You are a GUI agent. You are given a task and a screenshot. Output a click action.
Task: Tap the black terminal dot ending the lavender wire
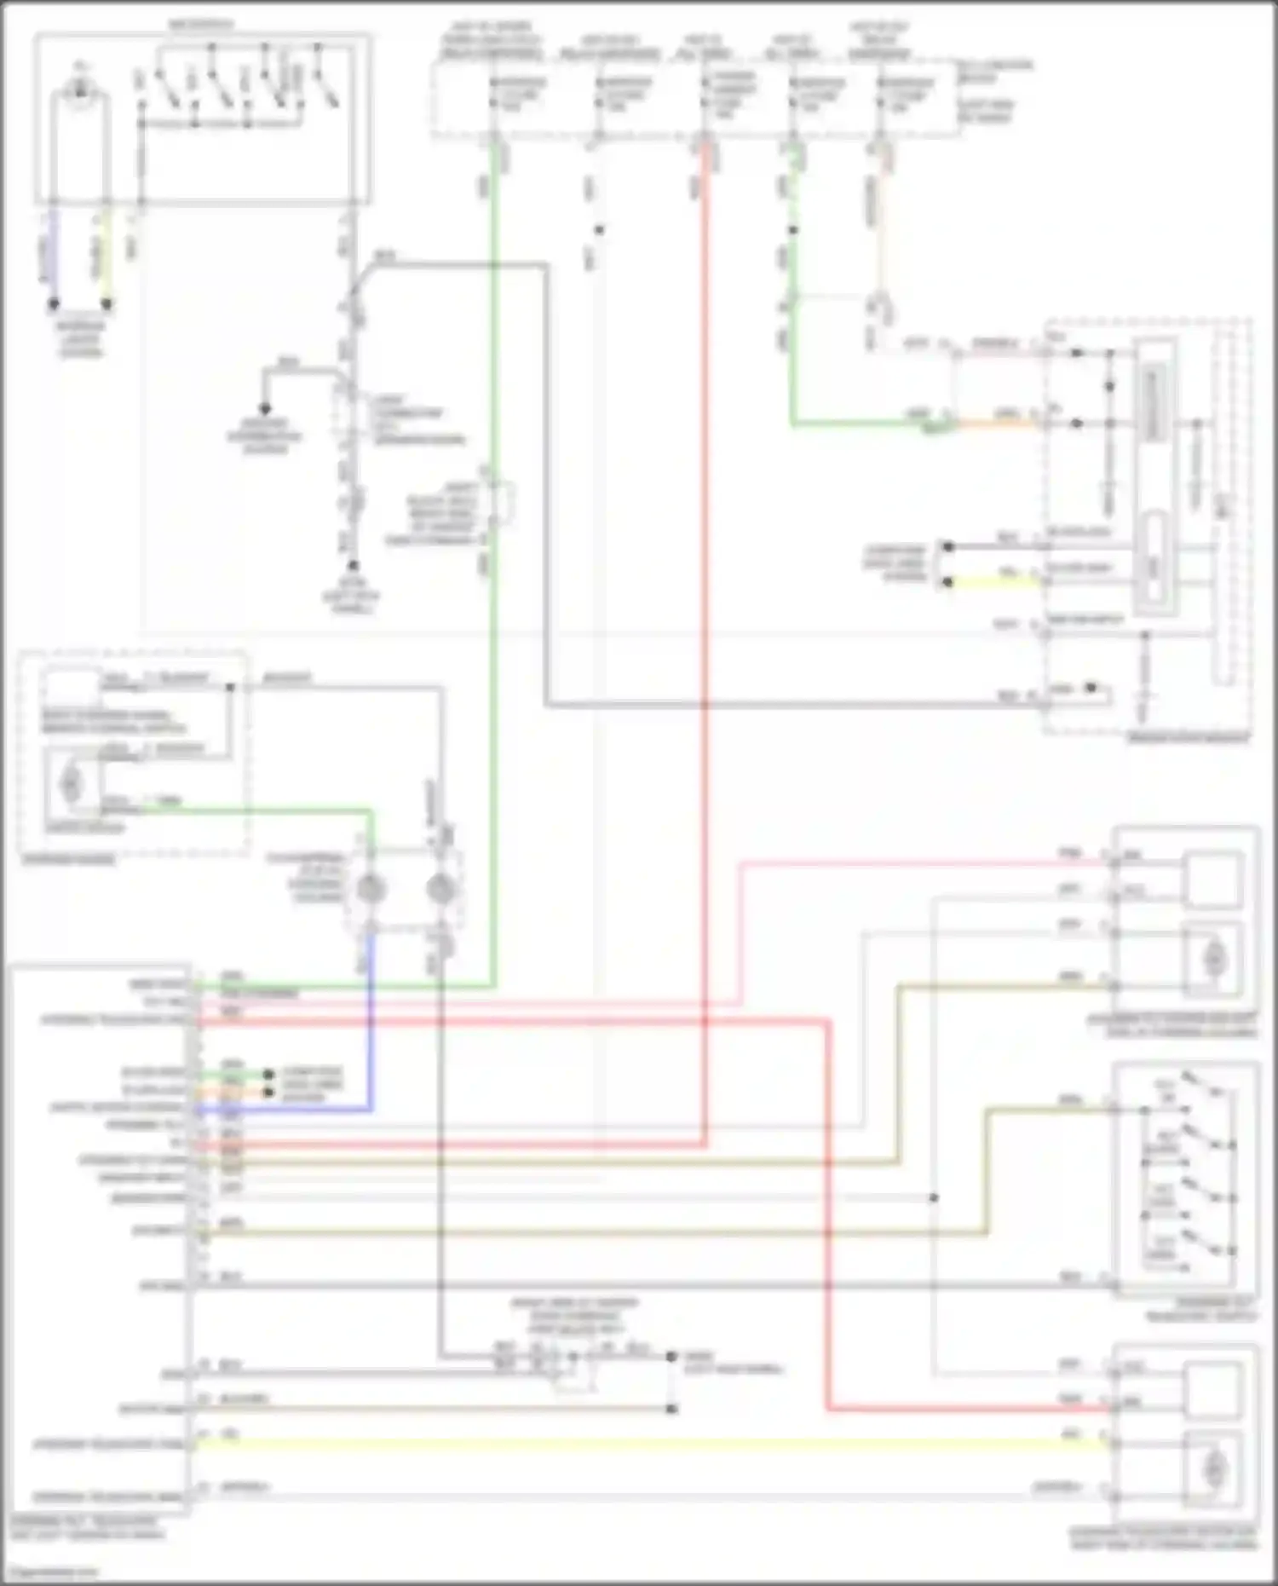53,303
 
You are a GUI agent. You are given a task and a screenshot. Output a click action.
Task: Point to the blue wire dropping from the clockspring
371,1023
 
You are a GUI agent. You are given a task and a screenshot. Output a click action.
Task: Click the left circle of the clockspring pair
370,889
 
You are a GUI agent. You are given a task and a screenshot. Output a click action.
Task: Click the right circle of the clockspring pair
440,889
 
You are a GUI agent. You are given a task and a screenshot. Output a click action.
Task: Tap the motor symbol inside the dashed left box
71,783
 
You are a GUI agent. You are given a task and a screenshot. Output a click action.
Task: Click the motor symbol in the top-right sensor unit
1212,960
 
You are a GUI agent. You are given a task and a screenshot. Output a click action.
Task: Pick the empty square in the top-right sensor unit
1212,879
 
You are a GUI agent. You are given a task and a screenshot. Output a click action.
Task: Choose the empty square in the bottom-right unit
1212,1388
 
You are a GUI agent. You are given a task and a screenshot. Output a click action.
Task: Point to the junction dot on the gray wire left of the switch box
934,1197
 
